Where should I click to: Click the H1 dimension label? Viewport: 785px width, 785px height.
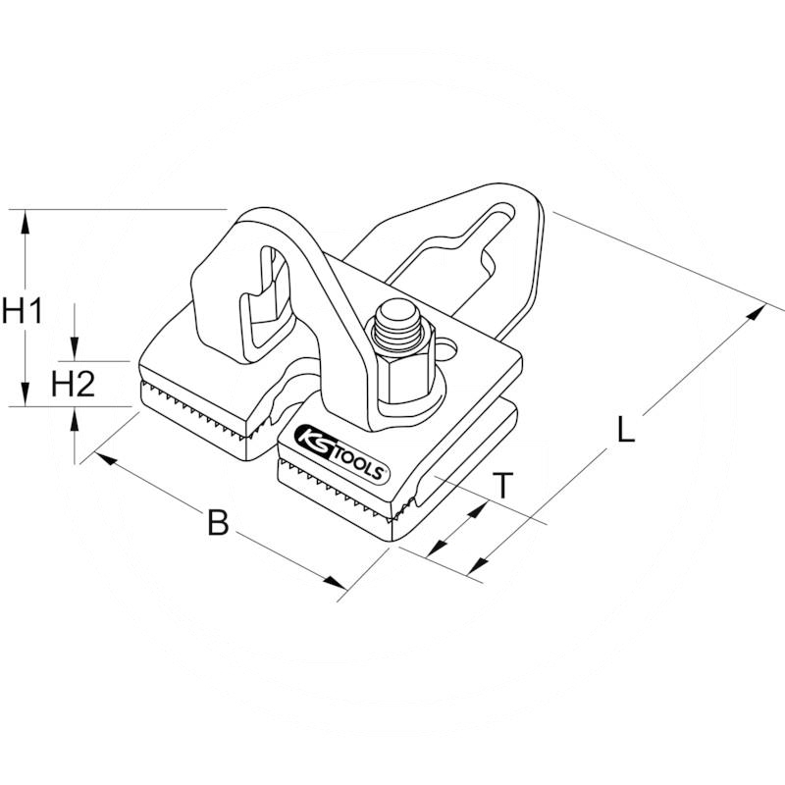[22, 311]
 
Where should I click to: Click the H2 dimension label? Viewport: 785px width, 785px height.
[73, 384]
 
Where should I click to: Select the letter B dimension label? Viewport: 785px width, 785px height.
[218, 522]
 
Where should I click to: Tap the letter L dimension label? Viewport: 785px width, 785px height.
[626, 429]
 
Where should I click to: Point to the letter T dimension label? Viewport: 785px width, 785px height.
[503, 485]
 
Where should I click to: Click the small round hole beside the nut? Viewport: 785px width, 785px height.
[446, 350]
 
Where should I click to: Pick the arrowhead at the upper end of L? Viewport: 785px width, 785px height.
[755, 313]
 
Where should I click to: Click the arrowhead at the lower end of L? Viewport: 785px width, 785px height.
[478, 566]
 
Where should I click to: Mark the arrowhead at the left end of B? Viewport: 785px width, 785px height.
[105, 458]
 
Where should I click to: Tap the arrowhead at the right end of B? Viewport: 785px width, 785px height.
[335, 582]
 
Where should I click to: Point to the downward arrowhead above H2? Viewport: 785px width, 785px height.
[75, 348]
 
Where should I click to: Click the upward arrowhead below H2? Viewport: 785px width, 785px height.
[75, 420]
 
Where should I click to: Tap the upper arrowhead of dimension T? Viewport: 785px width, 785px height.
[477, 510]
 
